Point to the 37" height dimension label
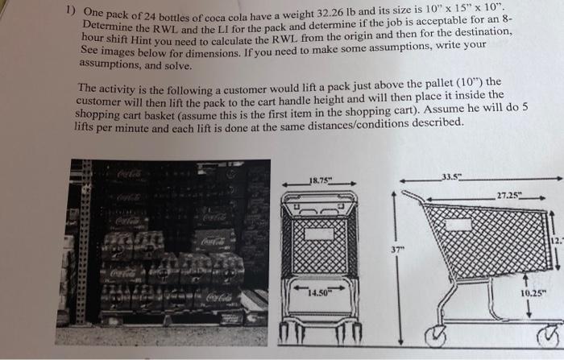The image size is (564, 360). pos(396,249)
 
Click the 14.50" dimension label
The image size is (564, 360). pos(318,293)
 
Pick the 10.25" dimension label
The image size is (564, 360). pos(533,293)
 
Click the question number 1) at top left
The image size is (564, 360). pos(71,10)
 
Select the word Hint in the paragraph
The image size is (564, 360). pos(141,40)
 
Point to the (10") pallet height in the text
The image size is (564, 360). pos(470,83)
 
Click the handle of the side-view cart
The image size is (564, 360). pos(413,197)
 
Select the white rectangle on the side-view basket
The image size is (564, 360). pos(458,226)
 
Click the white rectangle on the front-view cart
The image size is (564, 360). pos(319,234)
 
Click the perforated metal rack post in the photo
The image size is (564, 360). pos(82,242)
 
